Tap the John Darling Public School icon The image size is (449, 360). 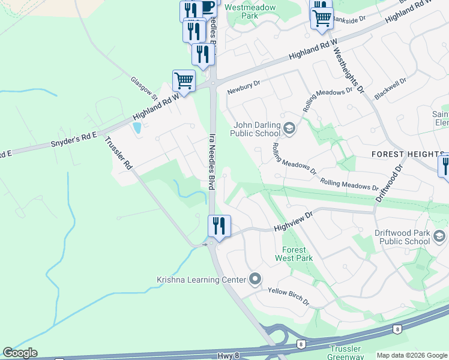click(x=289, y=128)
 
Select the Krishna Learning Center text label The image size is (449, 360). click(x=201, y=280)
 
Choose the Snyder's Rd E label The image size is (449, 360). click(x=73, y=140)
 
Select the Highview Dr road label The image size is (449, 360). click(x=294, y=223)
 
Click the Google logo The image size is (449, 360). click(x=20, y=353)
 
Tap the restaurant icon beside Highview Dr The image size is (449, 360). click(x=219, y=226)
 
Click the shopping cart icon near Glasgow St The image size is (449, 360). click(x=184, y=80)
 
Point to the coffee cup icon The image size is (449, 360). click(x=206, y=7)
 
